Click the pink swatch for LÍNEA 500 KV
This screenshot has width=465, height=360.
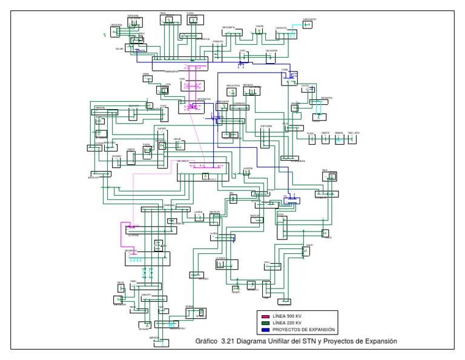tap(264, 316)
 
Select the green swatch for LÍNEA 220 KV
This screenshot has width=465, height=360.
tap(264, 322)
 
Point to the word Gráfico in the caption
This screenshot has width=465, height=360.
tap(207, 341)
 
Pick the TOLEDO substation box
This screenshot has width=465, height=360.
tap(311, 139)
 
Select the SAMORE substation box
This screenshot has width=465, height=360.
tap(325, 139)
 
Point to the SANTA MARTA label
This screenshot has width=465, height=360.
tap(228, 27)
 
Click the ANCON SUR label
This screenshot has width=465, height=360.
tap(93, 178)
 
